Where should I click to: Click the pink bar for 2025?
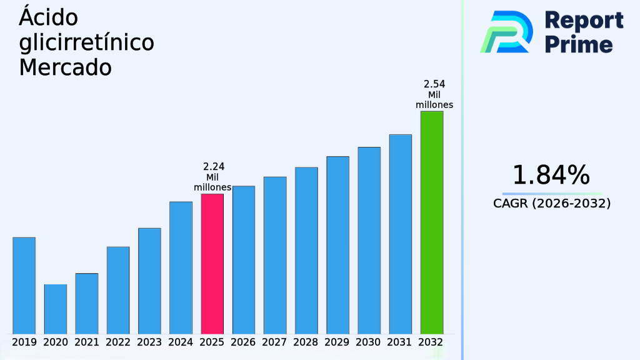point(212,263)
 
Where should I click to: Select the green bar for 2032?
point(432,222)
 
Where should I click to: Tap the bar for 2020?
point(56,309)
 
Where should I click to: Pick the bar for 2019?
point(24,285)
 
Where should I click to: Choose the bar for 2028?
point(306,250)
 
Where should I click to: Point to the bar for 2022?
point(118,290)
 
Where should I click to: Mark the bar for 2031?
point(401,234)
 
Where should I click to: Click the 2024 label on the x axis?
point(181,342)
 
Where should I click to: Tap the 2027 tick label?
point(275,342)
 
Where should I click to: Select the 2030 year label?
point(369,342)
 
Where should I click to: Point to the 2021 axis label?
point(87,342)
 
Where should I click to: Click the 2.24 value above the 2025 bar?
point(214,166)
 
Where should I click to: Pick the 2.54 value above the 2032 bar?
point(434,84)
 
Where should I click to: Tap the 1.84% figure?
point(551,176)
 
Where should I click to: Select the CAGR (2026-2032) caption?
point(552,204)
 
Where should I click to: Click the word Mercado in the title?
point(65,67)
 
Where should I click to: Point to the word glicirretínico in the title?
point(86,42)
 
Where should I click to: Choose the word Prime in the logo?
point(579,44)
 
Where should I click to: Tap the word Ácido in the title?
point(48,17)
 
